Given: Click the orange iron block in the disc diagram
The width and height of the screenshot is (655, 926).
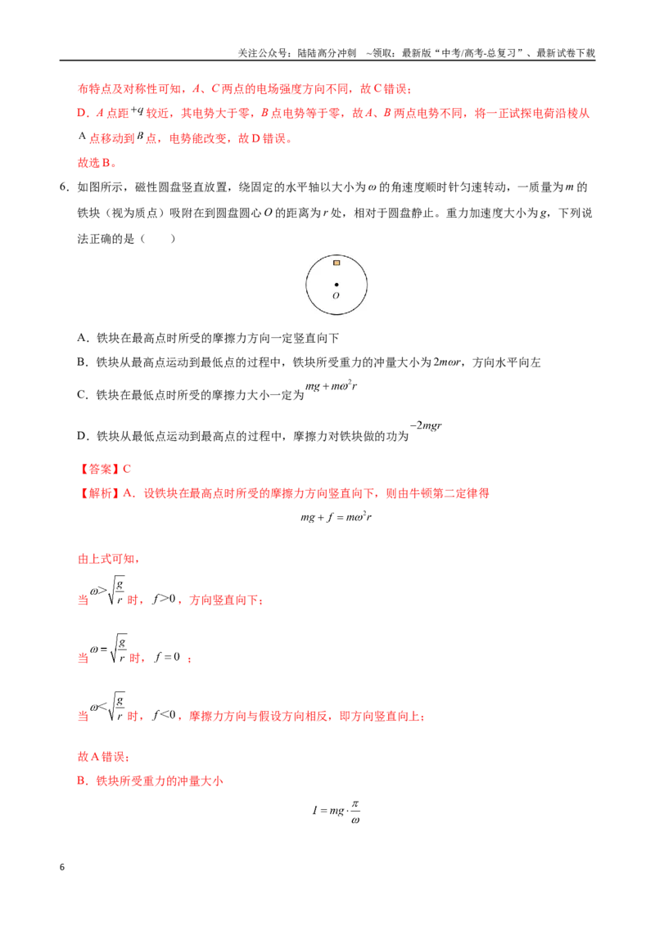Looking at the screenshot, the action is click(x=337, y=263).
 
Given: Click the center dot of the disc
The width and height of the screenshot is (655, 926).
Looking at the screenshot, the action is click(x=337, y=285).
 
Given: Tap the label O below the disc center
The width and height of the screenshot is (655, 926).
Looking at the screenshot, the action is click(x=336, y=295).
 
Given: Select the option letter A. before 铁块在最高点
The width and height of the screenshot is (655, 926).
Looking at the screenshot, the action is click(x=84, y=338).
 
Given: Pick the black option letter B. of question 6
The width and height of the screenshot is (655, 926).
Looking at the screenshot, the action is click(x=84, y=362).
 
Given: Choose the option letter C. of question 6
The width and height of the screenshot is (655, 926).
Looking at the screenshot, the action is click(x=84, y=394).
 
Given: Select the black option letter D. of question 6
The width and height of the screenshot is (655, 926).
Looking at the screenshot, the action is click(x=84, y=436).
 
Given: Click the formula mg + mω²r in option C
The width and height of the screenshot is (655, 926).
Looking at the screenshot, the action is click(x=331, y=386).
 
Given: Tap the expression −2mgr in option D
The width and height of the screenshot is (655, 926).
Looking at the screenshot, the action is click(x=426, y=425).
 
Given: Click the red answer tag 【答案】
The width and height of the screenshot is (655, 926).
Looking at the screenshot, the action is click(x=99, y=469).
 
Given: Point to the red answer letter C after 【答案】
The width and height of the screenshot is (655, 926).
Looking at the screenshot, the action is click(x=127, y=469).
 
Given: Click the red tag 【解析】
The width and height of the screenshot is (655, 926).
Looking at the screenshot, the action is click(x=99, y=493).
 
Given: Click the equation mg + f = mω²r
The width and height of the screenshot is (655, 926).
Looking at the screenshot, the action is click(x=336, y=517).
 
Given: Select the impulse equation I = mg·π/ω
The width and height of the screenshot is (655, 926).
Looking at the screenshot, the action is click(x=336, y=811).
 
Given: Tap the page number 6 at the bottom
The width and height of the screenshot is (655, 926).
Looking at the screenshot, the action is click(x=62, y=867).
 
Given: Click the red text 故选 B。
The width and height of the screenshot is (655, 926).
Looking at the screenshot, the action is click(x=97, y=163).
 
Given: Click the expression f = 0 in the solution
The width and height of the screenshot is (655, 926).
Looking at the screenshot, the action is click(x=167, y=657).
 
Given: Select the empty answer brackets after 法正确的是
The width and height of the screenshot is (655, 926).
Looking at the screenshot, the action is click(x=158, y=239).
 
